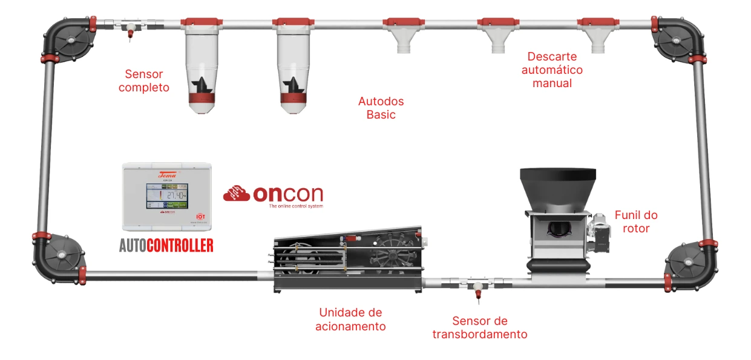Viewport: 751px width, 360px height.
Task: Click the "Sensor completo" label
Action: point(144,81)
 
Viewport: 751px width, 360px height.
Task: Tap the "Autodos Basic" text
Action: point(381,108)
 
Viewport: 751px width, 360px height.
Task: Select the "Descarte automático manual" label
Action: point(552,70)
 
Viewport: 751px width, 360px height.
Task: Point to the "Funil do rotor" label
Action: point(636,221)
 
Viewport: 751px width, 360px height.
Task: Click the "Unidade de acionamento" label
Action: point(350,319)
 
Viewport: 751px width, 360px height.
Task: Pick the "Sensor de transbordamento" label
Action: point(479,327)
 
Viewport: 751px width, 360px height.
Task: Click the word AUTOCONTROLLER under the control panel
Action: point(166,245)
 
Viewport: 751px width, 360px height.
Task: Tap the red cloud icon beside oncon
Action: point(237,194)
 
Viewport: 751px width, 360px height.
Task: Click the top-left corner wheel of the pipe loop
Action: point(70,41)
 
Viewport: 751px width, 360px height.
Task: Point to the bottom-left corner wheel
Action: point(61,257)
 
